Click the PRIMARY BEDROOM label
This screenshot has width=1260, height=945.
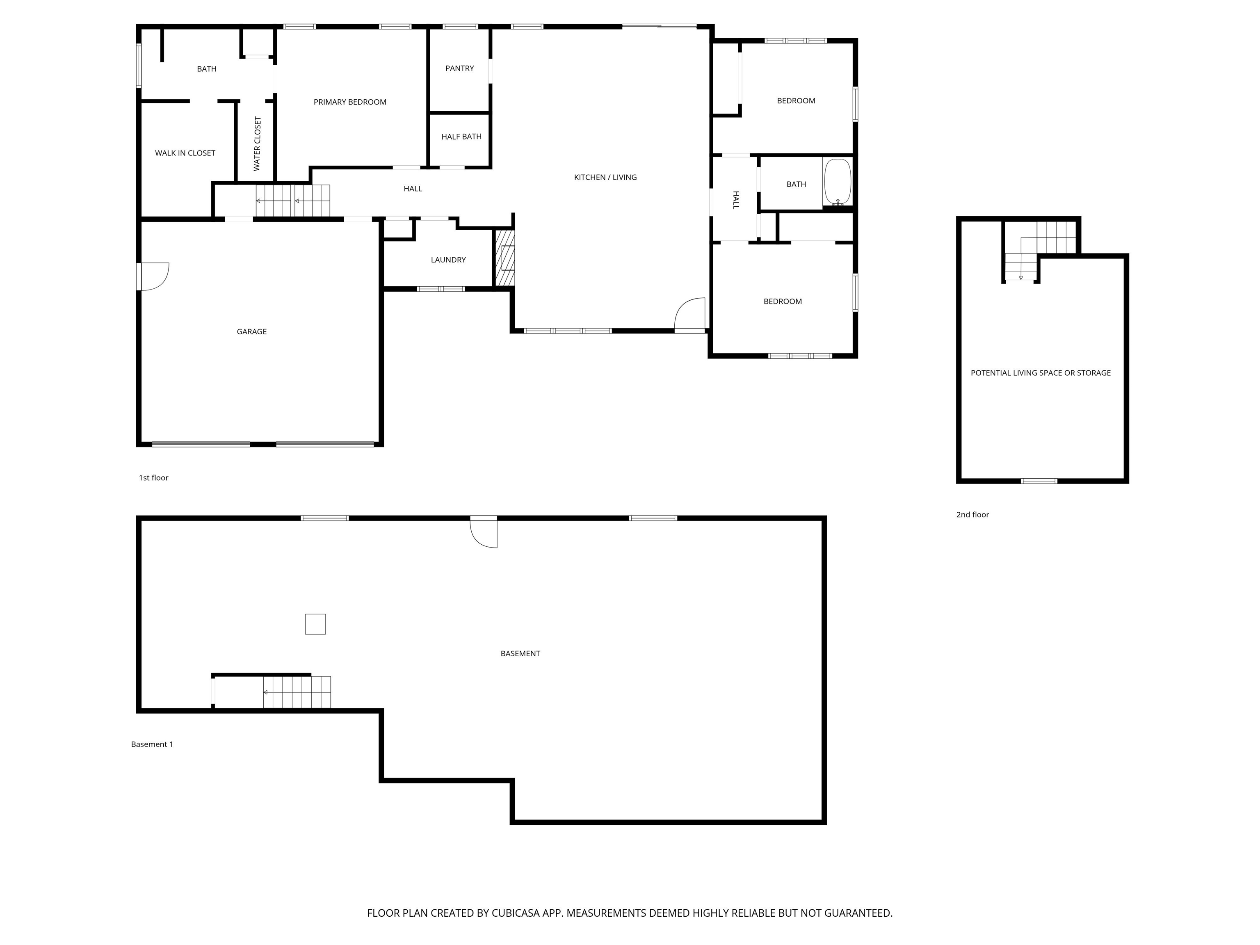[350, 102]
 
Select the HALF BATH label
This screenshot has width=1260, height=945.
[461, 137]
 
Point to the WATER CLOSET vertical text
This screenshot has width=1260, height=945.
[257, 144]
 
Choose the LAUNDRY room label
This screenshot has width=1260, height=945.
[448, 260]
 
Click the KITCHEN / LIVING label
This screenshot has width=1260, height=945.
[605, 177]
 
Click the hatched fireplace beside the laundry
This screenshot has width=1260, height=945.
[504, 258]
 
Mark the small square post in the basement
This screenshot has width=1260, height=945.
[315, 624]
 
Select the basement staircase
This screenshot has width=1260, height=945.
[296, 692]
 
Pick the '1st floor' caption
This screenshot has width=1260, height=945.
[153, 478]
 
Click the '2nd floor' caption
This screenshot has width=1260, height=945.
[972, 514]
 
